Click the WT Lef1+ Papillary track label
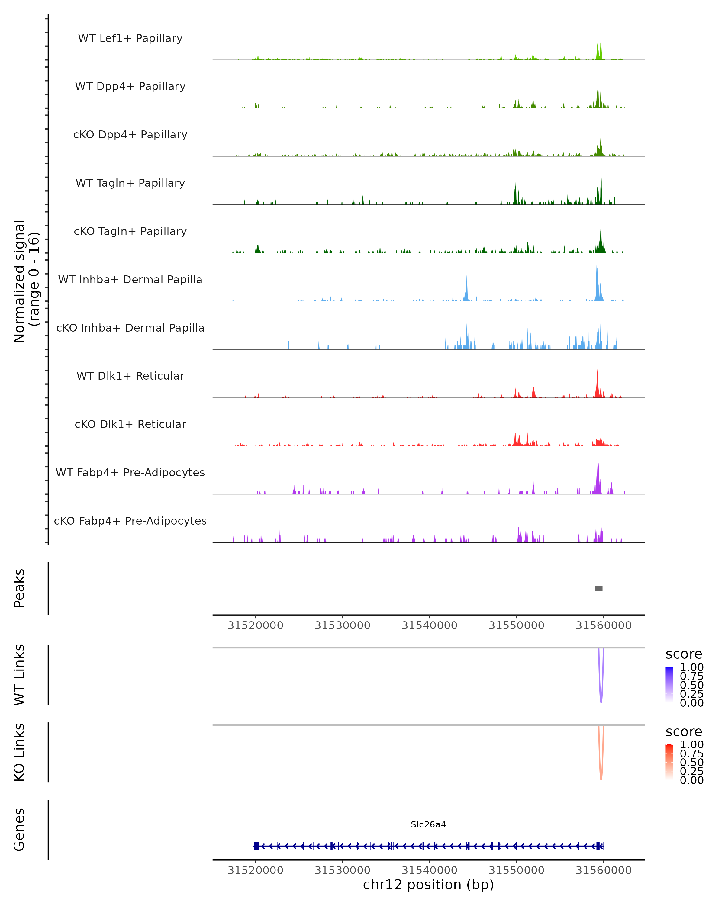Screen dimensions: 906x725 pyautogui.click(x=130, y=38)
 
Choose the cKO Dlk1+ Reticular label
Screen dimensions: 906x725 pyautogui.click(x=130, y=424)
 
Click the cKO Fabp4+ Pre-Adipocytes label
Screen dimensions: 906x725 pyautogui.click(x=130, y=521)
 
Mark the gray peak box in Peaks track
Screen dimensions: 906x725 pyautogui.click(x=598, y=588)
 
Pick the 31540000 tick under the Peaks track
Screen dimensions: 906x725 pyautogui.click(x=430, y=625)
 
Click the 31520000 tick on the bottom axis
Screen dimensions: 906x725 pyautogui.click(x=256, y=870)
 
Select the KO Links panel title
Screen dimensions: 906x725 pyautogui.click(x=19, y=752)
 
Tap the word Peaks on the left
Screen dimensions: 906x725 pyautogui.click(x=19, y=588)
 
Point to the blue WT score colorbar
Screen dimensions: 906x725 pyautogui.click(x=669, y=685)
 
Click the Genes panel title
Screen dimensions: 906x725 pyautogui.click(x=19, y=830)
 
